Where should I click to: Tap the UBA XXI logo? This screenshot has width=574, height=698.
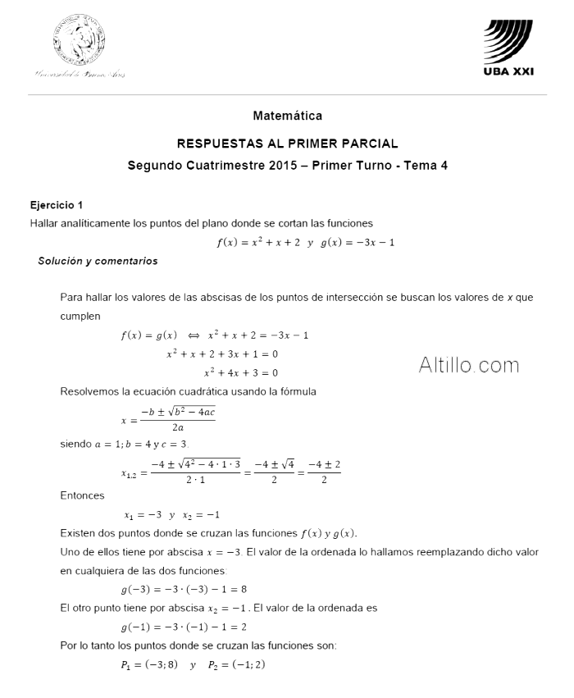pos(508,48)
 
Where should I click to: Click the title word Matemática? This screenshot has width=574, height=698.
pos(287,116)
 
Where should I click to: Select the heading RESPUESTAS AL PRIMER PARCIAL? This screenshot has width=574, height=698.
pos(287,143)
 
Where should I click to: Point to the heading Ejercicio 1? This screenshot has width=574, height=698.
pos(57,205)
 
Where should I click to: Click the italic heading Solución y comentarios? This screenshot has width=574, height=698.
pos(98,261)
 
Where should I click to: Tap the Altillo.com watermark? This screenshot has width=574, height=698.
pos(468,364)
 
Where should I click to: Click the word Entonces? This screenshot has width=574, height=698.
pos(82,495)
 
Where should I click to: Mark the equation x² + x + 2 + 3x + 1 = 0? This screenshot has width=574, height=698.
pos(222,354)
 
